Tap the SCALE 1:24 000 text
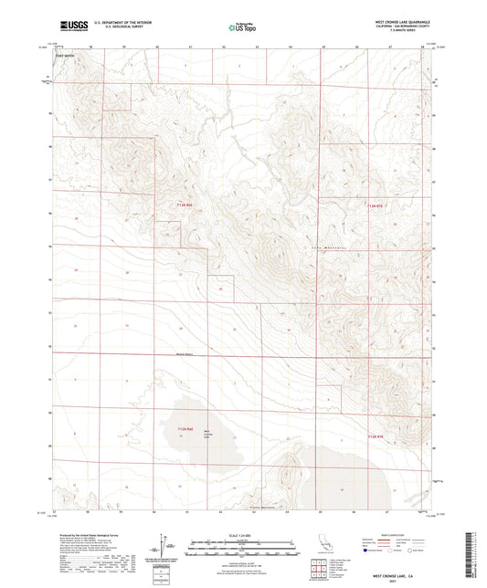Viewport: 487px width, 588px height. click(243, 533)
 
